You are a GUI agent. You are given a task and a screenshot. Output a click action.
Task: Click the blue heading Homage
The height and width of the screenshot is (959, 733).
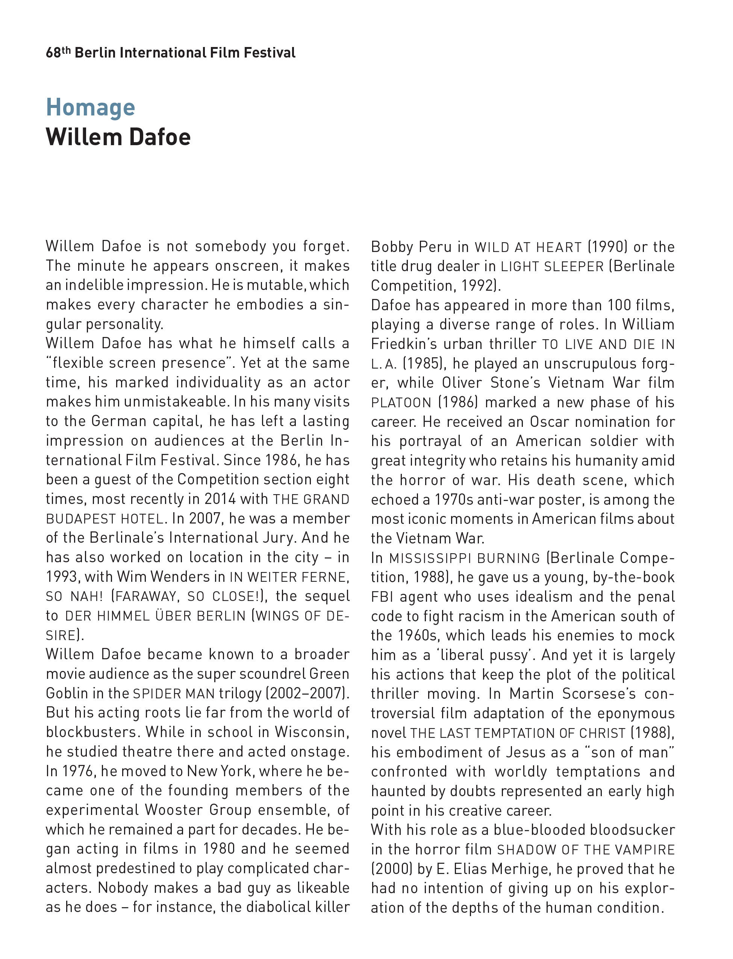(x=90, y=108)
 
